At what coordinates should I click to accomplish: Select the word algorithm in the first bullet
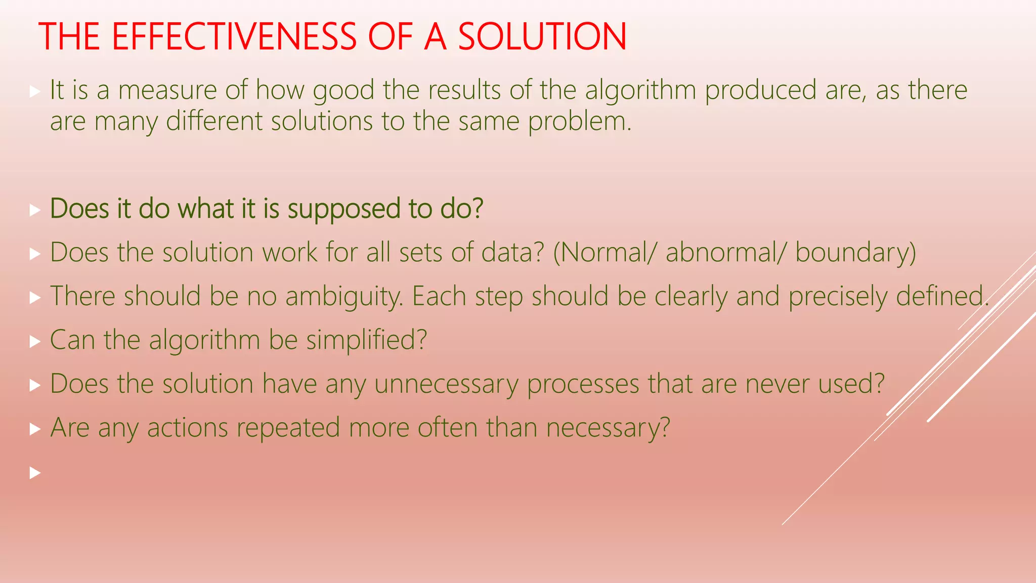point(640,90)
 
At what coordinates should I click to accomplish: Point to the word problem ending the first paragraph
point(580,121)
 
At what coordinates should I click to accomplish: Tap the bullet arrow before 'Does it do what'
point(34,210)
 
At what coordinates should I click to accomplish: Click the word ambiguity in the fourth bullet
point(343,296)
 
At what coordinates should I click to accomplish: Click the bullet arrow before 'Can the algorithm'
point(34,342)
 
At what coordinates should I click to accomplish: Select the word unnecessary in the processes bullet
point(446,384)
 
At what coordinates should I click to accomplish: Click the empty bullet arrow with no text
point(34,473)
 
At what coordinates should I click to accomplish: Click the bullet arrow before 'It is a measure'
point(34,92)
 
